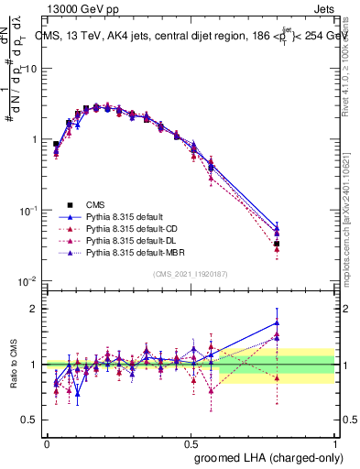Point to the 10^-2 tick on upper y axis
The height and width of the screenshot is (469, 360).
click(29, 280)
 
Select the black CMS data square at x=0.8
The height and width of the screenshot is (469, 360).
click(277, 244)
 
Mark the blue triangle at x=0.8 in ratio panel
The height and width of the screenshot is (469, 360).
click(277, 322)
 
